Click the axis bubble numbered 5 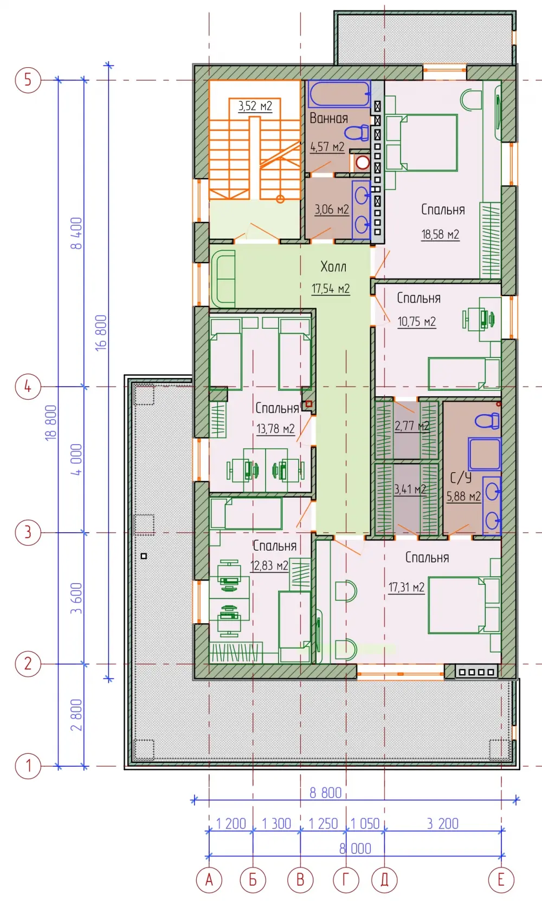point(28,80)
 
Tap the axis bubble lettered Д point(384,880)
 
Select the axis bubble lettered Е point(501,880)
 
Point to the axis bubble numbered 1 point(28,766)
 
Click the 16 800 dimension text point(101,333)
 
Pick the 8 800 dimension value point(325,792)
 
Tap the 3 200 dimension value point(442,824)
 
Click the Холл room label point(333,267)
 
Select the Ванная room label point(328,118)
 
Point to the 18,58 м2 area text point(440,234)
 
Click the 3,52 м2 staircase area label point(255,106)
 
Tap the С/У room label point(461,478)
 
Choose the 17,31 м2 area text point(406,587)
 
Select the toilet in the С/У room point(488,421)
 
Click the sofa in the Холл point(223,279)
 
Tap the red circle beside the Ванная point(363,162)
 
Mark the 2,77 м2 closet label point(411,426)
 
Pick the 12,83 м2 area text point(269,565)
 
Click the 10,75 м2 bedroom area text point(416,322)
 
